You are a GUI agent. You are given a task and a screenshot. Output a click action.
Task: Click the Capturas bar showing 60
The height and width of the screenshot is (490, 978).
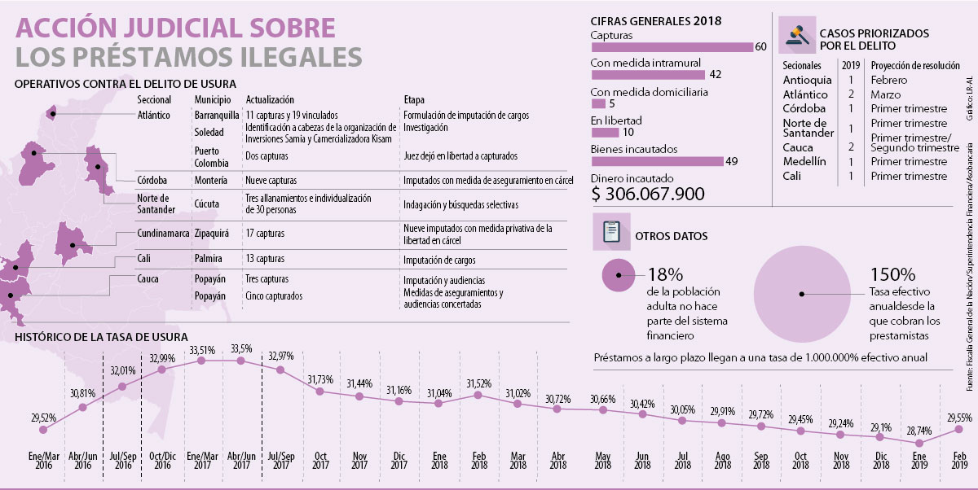(672, 47)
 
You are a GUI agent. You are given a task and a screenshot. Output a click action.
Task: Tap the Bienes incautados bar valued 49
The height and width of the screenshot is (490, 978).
(656, 160)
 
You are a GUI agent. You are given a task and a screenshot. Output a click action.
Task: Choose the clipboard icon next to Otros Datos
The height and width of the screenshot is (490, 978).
(609, 234)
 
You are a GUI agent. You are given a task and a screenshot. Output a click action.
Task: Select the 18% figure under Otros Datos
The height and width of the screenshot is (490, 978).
(666, 274)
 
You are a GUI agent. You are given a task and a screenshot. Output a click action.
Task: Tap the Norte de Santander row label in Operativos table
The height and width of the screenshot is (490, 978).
(152, 203)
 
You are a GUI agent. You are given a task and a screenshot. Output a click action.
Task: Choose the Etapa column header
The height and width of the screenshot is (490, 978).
(413, 98)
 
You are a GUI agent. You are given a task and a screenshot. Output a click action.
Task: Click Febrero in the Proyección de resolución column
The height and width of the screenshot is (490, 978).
(889, 80)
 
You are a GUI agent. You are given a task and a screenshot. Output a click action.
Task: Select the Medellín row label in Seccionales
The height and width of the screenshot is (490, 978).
(804, 161)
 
